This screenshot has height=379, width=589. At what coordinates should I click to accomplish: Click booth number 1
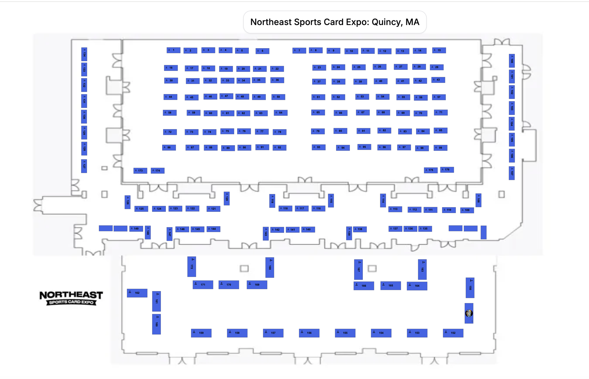tap(173, 50)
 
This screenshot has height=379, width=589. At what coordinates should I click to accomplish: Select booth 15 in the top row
tap(439, 50)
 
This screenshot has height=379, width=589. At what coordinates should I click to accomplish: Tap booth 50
tap(278, 97)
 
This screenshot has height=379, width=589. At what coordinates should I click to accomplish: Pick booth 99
tap(440, 148)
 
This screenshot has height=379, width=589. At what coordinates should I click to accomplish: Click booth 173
tap(140, 171)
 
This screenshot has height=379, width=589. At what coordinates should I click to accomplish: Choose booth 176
tap(447, 170)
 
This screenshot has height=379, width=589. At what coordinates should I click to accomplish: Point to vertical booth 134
tap(84, 54)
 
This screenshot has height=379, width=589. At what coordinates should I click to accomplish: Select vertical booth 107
tap(512, 173)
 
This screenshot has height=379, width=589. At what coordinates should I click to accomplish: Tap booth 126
tap(127, 202)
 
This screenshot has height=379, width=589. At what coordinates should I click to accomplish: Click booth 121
tap(213, 209)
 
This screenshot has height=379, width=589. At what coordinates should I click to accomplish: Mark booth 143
tap(265, 233)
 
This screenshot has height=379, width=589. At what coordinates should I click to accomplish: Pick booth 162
tap(137, 293)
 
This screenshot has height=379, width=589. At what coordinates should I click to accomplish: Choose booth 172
tap(192, 267)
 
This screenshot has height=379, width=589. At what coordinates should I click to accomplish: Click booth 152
tap(453, 333)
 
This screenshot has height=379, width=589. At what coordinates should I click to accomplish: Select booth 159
tap(201, 333)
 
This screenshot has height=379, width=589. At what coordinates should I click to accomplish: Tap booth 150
tap(470, 288)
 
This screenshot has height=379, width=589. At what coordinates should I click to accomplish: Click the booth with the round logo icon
tap(469, 313)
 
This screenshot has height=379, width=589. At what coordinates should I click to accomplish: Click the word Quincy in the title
tap(387, 22)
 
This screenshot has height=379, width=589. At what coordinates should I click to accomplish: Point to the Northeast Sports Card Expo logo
tap(71, 298)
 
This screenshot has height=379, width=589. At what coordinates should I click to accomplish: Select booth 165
tap(390, 286)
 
